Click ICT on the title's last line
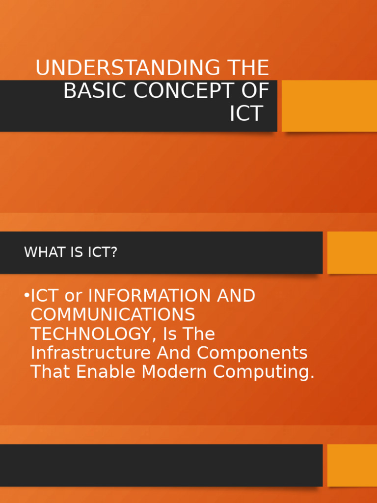click(246, 114)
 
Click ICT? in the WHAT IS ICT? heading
click(102, 252)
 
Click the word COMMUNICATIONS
click(112, 315)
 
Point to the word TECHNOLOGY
click(90, 335)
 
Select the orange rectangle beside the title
click(329, 106)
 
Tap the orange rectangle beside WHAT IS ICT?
click(352, 252)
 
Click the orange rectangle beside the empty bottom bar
click(352, 465)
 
